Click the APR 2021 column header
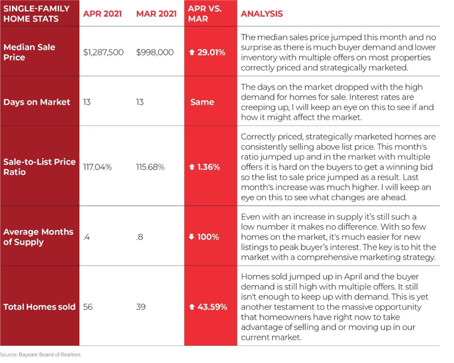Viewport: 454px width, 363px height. (x=102, y=14)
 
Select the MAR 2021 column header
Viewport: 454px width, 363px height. (x=157, y=14)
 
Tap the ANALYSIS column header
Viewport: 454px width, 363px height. (x=262, y=14)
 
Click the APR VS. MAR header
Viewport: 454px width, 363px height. (x=205, y=14)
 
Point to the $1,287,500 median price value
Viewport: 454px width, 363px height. (x=103, y=52)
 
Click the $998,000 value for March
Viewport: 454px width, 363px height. (x=155, y=52)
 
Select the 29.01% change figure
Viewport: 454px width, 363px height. (x=211, y=52)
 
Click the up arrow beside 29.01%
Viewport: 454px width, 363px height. (x=192, y=52)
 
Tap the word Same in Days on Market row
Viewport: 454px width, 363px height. (x=202, y=102)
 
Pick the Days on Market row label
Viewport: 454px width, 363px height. (x=37, y=102)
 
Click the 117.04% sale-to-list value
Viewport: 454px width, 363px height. (x=97, y=167)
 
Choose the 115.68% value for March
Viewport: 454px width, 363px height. (x=150, y=167)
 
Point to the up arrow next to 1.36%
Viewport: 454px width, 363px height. (x=192, y=167)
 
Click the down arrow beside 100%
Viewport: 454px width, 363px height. (x=191, y=237)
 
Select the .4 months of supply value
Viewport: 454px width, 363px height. (x=87, y=237)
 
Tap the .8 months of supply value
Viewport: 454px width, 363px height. (x=140, y=237)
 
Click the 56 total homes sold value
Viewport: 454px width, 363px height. (x=88, y=307)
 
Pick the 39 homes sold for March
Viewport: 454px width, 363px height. (x=141, y=307)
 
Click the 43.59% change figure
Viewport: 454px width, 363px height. (x=212, y=307)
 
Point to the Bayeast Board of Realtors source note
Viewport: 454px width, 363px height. (x=40, y=354)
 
